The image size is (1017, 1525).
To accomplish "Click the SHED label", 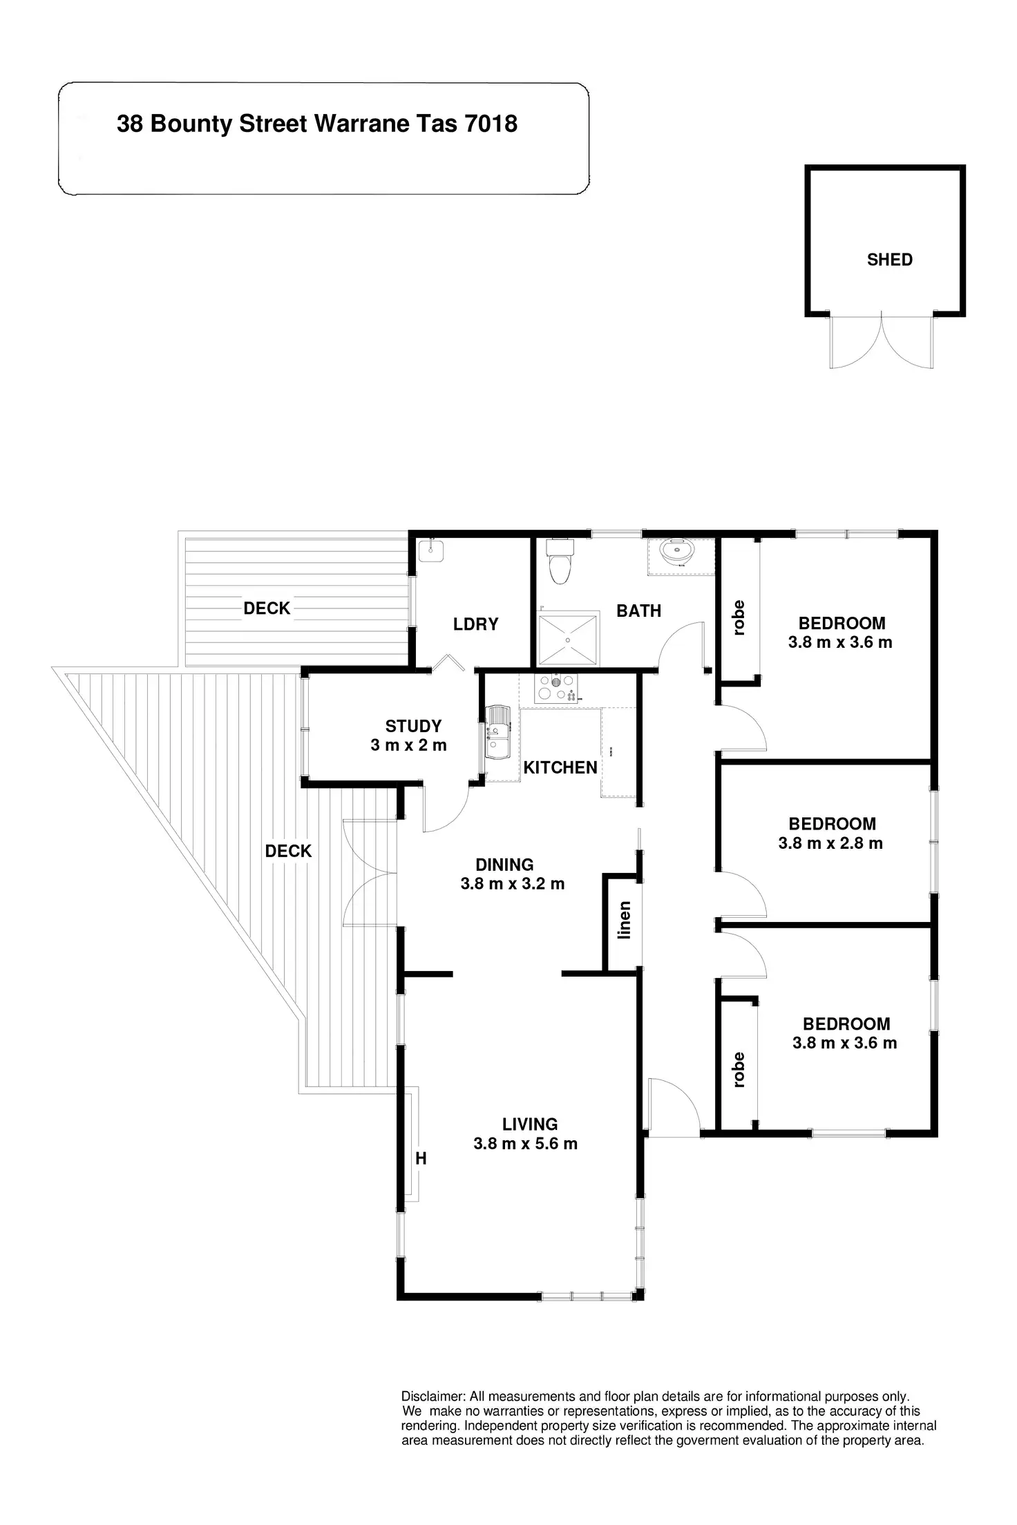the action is pyautogui.click(x=890, y=260).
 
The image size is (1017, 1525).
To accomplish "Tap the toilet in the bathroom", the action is pyautogui.click(x=560, y=560).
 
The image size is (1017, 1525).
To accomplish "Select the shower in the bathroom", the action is pyautogui.click(x=568, y=639).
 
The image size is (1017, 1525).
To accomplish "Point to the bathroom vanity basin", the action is pyautogui.click(x=680, y=553).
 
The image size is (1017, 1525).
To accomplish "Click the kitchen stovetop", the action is pyautogui.click(x=555, y=689).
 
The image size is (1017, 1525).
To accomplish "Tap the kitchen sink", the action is pyautogui.click(x=497, y=731).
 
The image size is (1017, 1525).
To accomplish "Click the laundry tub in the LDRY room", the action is pyautogui.click(x=431, y=550).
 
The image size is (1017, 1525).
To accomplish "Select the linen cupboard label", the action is pyautogui.click(x=625, y=920).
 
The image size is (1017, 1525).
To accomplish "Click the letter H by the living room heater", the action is pyautogui.click(x=421, y=1159).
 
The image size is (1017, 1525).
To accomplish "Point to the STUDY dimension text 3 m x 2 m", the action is pyautogui.click(x=408, y=745).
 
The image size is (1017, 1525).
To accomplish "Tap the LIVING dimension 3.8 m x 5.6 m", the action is pyautogui.click(x=525, y=1143).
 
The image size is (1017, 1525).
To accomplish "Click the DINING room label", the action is pyautogui.click(x=504, y=865).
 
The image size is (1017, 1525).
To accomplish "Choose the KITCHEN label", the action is pyautogui.click(x=560, y=767).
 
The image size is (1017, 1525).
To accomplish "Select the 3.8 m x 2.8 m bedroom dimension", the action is pyautogui.click(x=830, y=843).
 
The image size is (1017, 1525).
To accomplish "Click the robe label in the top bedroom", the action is pyautogui.click(x=739, y=618).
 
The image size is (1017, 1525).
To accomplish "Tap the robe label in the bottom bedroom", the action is pyautogui.click(x=739, y=1070).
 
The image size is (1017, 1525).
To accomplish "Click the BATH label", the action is pyautogui.click(x=639, y=611).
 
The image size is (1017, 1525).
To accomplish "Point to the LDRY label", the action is pyautogui.click(x=475, y=624).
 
